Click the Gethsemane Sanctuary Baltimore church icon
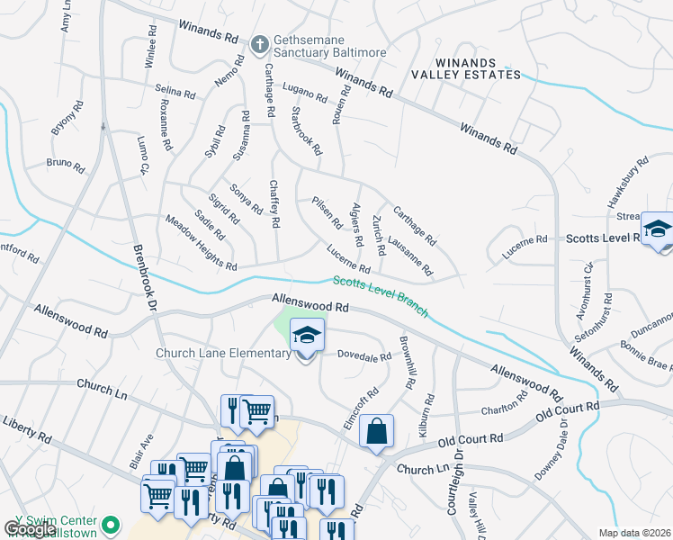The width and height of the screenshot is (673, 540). click(x=259, y=43)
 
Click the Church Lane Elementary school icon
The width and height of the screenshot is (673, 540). click(x=307, y=336)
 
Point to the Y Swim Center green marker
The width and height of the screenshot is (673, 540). click(x=111, y=522)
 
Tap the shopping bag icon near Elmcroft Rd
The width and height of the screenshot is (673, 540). click(x=377, y=431)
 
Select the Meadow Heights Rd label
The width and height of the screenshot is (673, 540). click(x=202, y=243)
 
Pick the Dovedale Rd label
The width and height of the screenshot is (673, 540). click(x=364, y=355)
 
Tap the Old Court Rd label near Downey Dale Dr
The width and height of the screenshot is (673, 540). click(x=567, y=414)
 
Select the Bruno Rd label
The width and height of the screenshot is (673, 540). click(x=65, y=166)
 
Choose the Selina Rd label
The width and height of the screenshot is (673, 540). click(x=175, y=92)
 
